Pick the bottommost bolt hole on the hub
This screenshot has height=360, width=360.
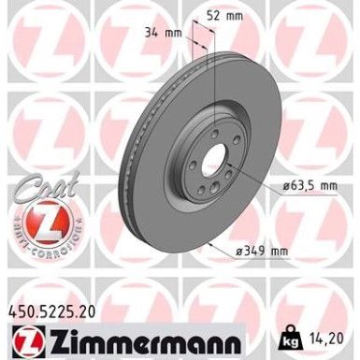pos(208,191)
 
